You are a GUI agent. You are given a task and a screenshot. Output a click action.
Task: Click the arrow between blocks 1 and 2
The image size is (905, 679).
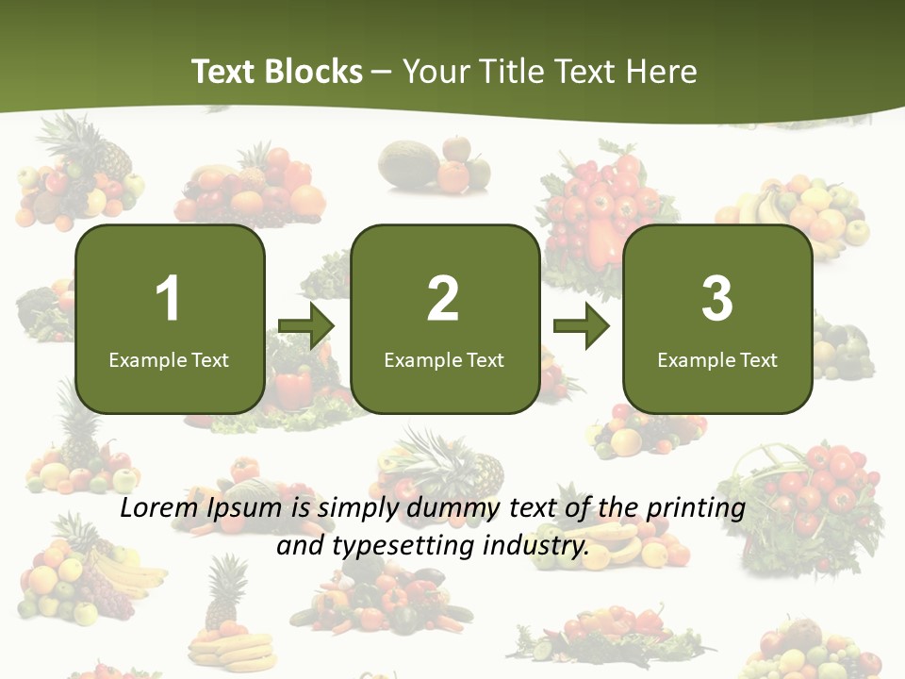tap(306, 327)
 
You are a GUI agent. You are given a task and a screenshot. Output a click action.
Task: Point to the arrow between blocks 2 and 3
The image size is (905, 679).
tap(581, 327)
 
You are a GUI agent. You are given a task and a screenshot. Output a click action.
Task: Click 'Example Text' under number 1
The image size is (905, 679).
tap(169, 359)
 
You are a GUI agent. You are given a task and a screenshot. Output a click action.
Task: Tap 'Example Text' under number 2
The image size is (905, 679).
tap(444, 359)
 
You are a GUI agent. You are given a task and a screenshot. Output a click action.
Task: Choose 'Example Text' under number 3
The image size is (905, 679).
tap(717, 359)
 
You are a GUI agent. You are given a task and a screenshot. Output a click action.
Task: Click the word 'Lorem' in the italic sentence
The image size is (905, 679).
tap(159, 508)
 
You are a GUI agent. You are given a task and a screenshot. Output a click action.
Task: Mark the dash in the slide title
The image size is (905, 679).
tap(383, 73)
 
